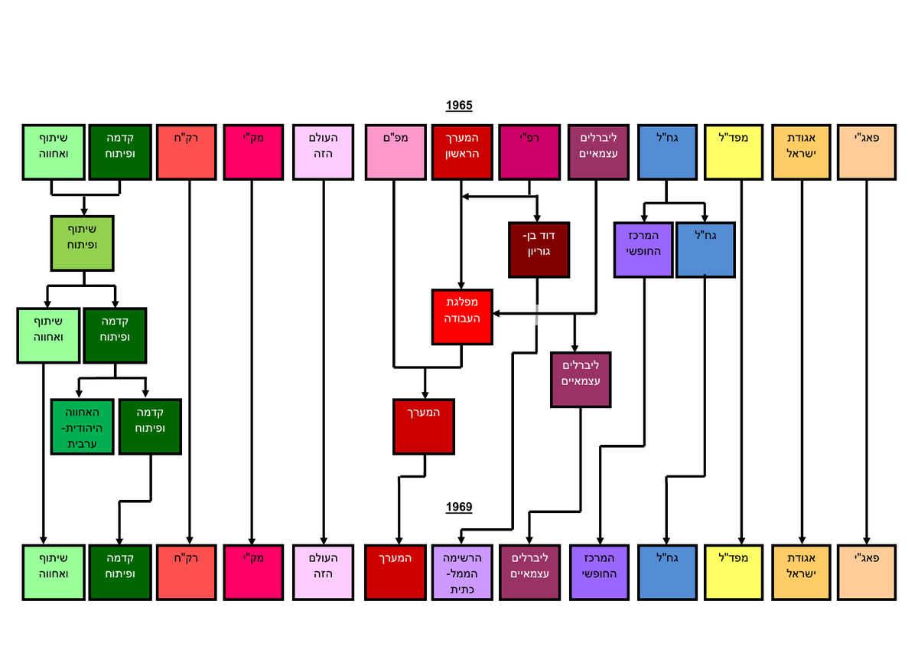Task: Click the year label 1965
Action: click(459, 105)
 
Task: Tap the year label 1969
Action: click(459, 507)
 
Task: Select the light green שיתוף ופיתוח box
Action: click(82, 243)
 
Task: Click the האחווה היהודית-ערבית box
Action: click(83, 426)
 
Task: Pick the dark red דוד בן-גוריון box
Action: click(537, 250)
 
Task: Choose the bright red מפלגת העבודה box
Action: click(461, 316)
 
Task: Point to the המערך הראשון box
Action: click(461, 152)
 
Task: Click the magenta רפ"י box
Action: click(529, 152)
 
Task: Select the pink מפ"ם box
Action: click(394, 152)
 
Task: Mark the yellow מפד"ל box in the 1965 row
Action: click(734, 152)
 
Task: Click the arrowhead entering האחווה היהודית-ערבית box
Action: click(83, 394)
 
